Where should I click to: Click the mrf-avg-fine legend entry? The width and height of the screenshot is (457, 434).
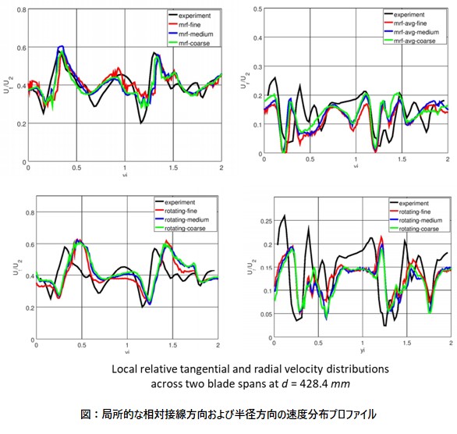tap(414, 23)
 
